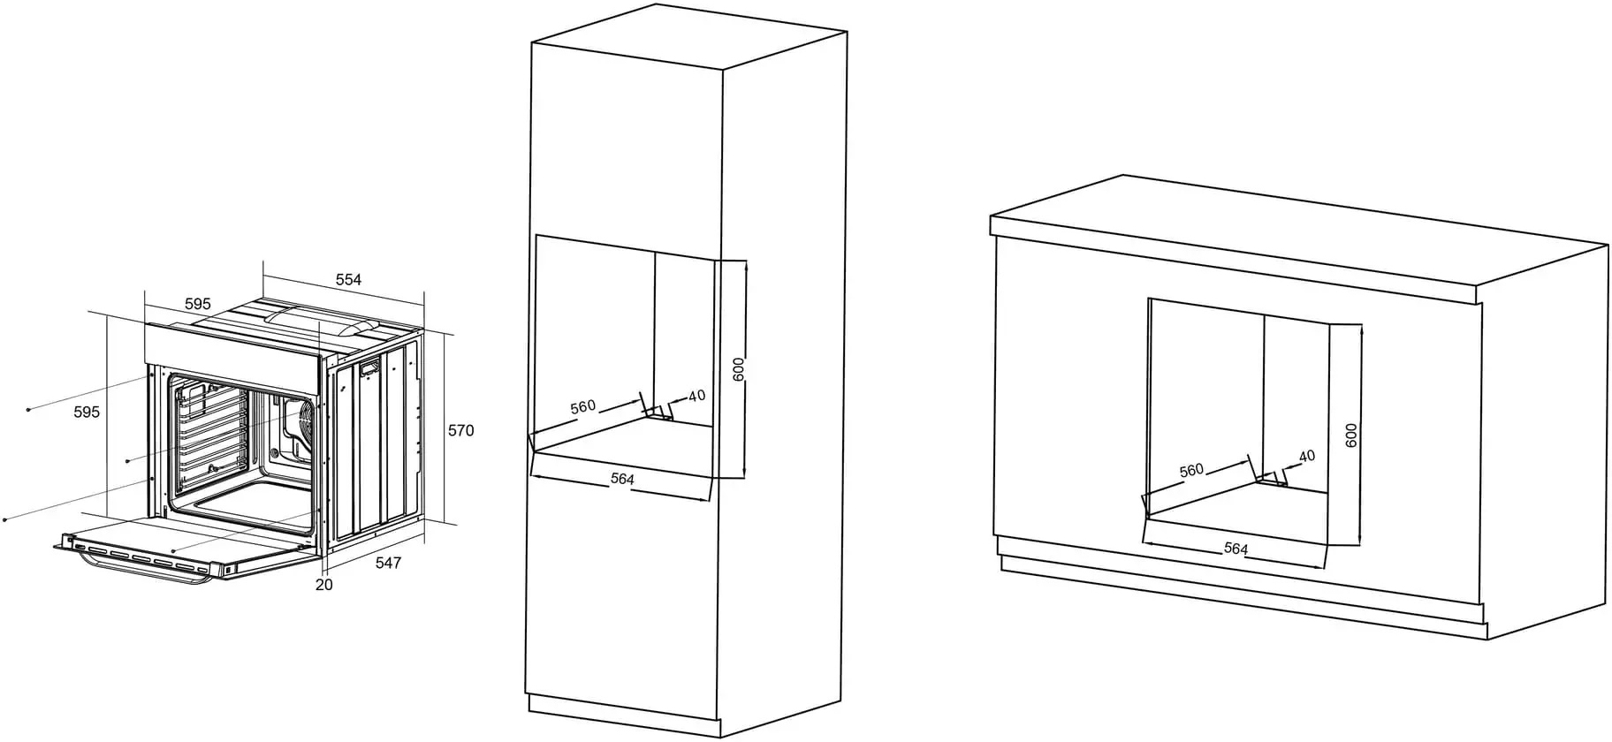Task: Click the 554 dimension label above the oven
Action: (348, 280)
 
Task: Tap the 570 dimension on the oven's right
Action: (460, 431)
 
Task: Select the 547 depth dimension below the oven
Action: (388, 563)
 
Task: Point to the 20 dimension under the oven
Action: (324, 584)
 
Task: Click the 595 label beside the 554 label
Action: (197, 304)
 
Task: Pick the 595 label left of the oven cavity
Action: (87, 412)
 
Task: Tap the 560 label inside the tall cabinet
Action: (583, 407)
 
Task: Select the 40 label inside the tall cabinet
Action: (696, 396)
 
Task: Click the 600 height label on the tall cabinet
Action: (739, 368)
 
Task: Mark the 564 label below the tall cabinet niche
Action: (622, 479)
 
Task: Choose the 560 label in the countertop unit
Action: (1191, 471)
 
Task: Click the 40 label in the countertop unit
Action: (1307, 457)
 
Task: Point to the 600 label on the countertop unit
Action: (1350, 435)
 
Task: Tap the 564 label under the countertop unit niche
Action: (1236, 549)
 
